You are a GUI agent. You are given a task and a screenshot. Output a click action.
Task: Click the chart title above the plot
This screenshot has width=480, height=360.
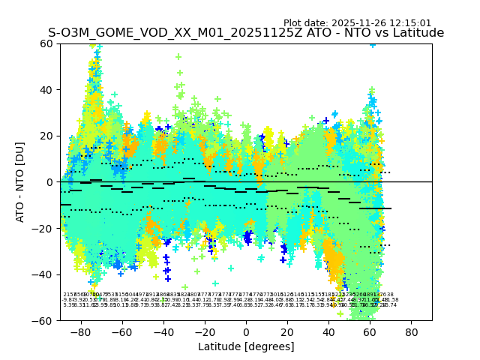click(x=246, y=33)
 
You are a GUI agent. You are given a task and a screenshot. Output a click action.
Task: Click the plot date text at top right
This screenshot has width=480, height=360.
click(x=357, y=23)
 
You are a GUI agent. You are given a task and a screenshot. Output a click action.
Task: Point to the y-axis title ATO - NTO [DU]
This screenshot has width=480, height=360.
click(x=21, y=181)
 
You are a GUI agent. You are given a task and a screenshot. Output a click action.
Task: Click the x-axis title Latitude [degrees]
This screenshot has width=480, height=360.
click(x=246, y=346)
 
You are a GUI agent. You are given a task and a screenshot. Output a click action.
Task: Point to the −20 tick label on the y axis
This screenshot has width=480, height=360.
click(x=44, y=228)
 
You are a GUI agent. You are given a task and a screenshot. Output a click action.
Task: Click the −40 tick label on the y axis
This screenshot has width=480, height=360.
click(x=44, y=274)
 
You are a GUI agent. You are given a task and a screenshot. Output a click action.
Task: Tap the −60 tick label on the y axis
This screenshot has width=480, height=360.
click(x=44, y=320)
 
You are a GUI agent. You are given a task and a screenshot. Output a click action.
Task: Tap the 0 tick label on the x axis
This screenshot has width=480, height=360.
click(x=246, y=331)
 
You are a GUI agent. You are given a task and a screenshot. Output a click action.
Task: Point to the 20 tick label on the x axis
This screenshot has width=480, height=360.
click(x=287, y=331)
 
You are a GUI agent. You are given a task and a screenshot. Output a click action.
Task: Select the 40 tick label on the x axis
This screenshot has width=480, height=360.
click(x=328, y=331)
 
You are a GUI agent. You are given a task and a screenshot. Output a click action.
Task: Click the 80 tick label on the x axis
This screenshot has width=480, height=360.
click(x=412, y=331)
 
